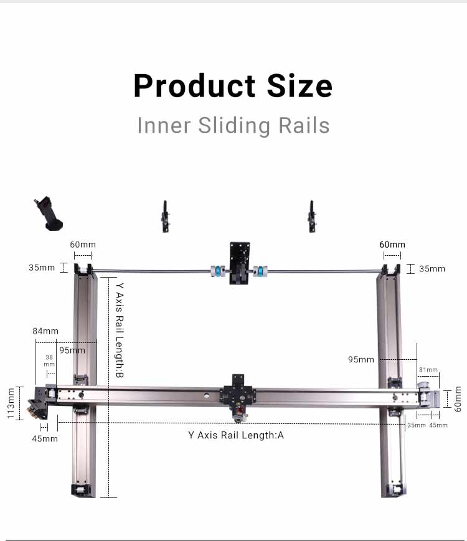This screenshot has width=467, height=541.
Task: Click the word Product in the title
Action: click(x=194, y=86)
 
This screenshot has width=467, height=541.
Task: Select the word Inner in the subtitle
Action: click(x=164, y=125)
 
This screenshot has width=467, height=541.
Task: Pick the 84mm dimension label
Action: click(x=45, y=331)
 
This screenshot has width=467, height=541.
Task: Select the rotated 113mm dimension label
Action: click(x=11, y=403)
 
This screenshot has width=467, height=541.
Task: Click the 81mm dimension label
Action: click(x=428, y=370)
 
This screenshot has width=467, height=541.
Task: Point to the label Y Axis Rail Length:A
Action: click(x=235, y=435)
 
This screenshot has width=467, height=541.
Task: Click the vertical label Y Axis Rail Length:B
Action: click(x=120, y=329)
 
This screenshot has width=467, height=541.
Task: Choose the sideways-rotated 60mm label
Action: click(x=458, y=399)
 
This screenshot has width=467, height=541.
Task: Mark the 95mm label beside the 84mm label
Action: click(x=72, y=350)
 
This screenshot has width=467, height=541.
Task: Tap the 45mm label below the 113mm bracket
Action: click(x=45, y=438)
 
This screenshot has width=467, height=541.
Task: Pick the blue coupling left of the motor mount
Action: click(x=217, y=271)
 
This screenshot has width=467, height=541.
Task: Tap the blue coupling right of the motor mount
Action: click(x=260, y=271)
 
